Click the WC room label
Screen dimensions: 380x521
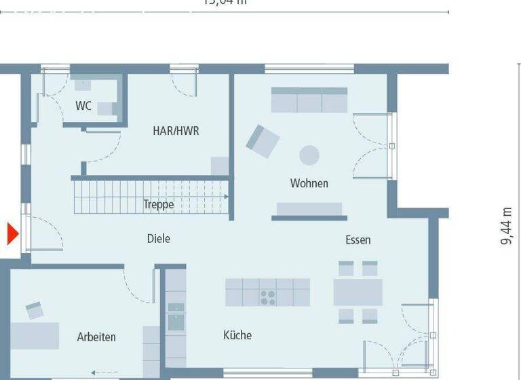point(83,106)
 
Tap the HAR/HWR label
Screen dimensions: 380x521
point(176,131)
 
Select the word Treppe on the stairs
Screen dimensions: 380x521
point(158,204)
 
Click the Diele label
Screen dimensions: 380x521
point(159,239)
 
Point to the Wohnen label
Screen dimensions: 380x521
point(309,183)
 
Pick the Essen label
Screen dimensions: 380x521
point(358,240)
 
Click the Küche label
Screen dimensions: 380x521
point(237,335)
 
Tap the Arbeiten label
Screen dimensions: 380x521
point(96,337)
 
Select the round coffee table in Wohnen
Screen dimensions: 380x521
point(309,155)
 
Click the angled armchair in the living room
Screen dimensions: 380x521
point(262,140)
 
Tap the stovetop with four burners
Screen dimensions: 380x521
point(268,297)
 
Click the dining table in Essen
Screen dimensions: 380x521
point(358,292)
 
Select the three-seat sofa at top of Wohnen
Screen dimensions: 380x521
point(309,100)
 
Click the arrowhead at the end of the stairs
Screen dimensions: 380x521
point(225,196)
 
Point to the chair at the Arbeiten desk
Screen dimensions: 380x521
point(35,311)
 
